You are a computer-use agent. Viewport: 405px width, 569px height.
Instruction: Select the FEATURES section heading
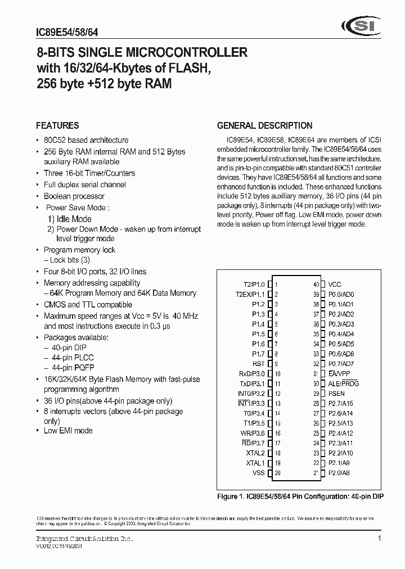pos(57,126)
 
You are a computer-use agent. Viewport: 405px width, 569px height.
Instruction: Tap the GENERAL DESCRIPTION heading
pos(264,126)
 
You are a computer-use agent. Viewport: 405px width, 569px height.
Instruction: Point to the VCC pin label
pos(335,284)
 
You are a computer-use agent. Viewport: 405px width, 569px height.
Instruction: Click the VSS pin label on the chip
pos(258,473)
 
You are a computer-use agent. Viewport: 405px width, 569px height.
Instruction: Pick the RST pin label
pos(259,363)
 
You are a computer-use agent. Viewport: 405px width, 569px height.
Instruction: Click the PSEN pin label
pos(337,394)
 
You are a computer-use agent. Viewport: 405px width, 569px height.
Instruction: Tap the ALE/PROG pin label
pos(343,383)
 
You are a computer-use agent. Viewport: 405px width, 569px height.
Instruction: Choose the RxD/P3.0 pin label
pos(251,373)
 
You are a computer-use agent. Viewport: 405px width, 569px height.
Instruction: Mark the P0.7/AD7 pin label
pos(341,364)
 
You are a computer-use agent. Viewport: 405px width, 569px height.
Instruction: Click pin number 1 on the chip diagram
pos(276,284)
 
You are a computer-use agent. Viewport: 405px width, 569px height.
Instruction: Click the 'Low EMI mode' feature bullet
pos(68,431)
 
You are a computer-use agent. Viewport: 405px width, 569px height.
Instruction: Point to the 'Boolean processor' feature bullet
pos(74,196)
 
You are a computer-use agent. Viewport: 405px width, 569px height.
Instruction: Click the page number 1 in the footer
pos(380,539)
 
